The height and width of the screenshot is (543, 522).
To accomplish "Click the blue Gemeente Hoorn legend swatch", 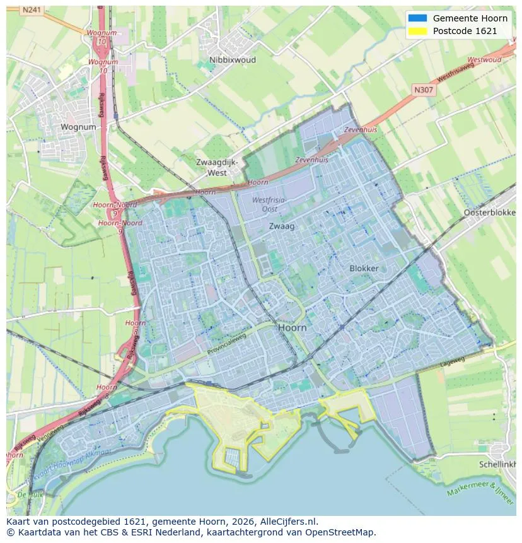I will tap(417, 18).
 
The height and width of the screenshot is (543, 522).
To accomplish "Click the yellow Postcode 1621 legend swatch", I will tap(417, 31).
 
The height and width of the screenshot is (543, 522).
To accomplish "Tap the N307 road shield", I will tap(424, 90).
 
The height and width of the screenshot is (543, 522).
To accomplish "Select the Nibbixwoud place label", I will tap(233, 61).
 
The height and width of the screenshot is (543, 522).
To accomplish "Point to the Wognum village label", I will tap(78, 127).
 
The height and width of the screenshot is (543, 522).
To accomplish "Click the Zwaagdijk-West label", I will tap(217, 167).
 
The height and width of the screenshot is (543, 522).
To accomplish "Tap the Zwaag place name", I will tap(282, 225).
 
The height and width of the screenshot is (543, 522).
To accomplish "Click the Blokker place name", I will tap(364, 268).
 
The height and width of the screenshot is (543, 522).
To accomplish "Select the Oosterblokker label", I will tap(490, 213).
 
